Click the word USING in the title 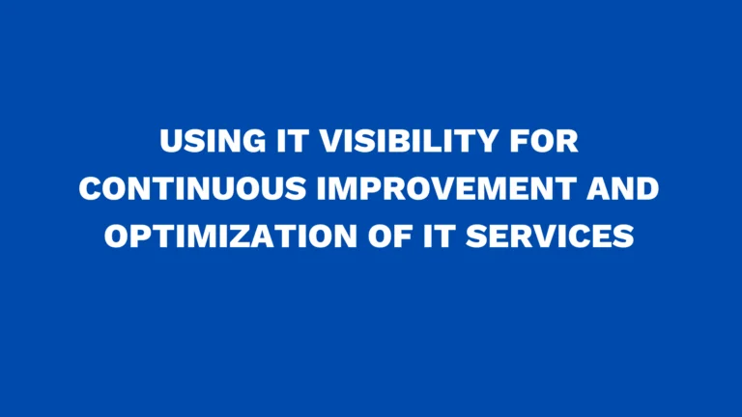pos(206,143)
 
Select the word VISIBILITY pos(401,143)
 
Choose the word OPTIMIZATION pos(230,236)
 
